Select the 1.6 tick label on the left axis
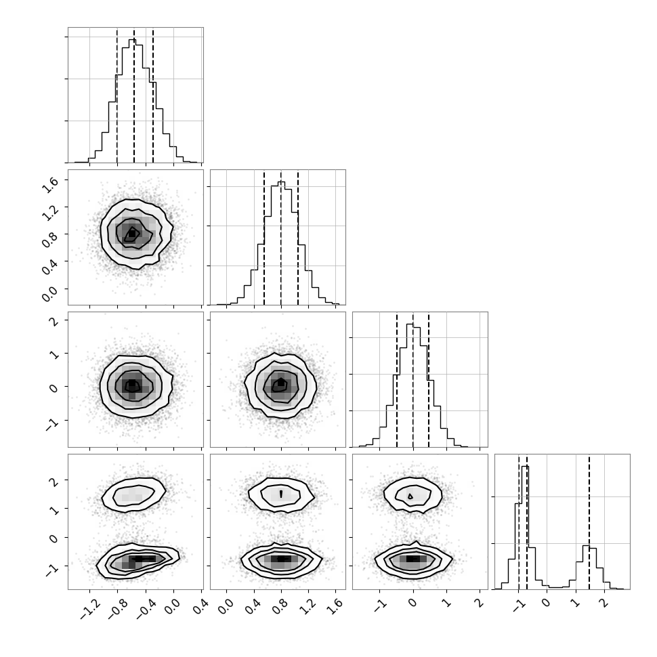pyautogui.click(x=49, y=184)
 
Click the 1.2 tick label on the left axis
pyautogui.click(x=49, y=211)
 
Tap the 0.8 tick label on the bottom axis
pyautogui.click(x=280, y=607)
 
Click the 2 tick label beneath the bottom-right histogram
pyautogui.click(x=603, y=603)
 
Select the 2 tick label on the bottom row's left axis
pyautogui.click(x=54, y=480)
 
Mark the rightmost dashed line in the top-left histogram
pyautogui.click(x=153, y=95)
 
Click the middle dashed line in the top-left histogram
pyautogui.click(x=134, y=95)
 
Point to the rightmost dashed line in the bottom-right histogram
pyautogui.click(x=589, y=522)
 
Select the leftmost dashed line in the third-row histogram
pyautogui.click(x=397, y=379)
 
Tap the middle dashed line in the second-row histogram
pyautogui.click(x=280, y=238)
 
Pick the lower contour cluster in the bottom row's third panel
pyautogui.click(x=413, y=560)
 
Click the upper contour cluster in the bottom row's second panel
pyautogui.click(x=281, y=494)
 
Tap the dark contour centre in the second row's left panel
pyautogui.click(x=131, y=234)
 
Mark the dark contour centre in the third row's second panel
pyautogui.click(x=280, y=384)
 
